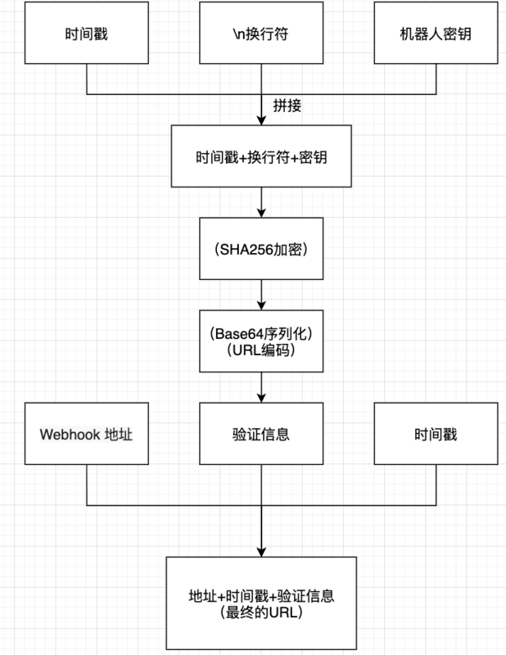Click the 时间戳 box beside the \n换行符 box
point(87,35)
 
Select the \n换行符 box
point(261,35)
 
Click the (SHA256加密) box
point(261,248)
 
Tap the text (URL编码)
point(261,350)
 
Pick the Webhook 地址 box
point(87,433)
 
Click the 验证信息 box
point(261,433)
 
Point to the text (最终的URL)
point(261,612)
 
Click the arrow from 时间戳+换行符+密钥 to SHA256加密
point(261,202)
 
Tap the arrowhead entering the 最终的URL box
point(261,551)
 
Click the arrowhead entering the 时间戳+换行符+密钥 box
point(261,120)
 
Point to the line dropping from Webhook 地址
point(87,483)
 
